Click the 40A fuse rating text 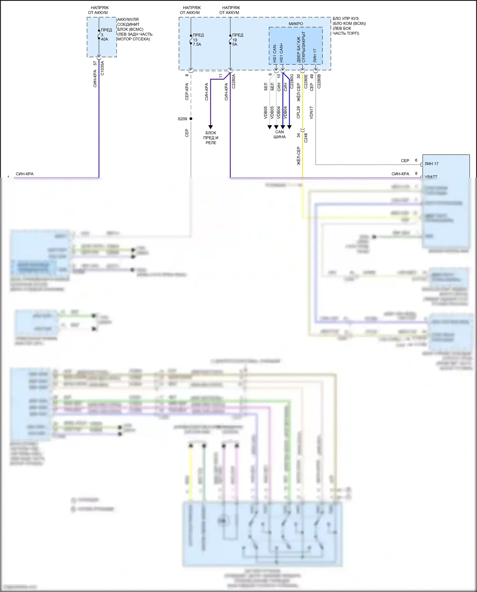(x=104, y=39)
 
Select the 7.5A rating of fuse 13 (x=197, y=45)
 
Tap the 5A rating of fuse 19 (x=235, y=45)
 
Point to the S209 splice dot (x=191, y=119)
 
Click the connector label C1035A (x=102, y=68)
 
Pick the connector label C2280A (x=233, y=81)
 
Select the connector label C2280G (x=292, y=81)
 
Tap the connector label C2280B (x=319, y=81)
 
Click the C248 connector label (x=306, y=137)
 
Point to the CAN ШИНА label (x=280, y=134)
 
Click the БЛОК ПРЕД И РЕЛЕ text (x=211, y=138)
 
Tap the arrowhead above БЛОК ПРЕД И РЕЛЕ (x=210, y=127)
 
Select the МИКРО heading (x=296, y=24)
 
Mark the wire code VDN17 (x=311, y=113)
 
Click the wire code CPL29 (x=298, y=113)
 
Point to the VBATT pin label (x=431, y=176)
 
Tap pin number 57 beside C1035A (x=95, y=63)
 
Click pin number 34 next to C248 (x=298, y=135)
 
